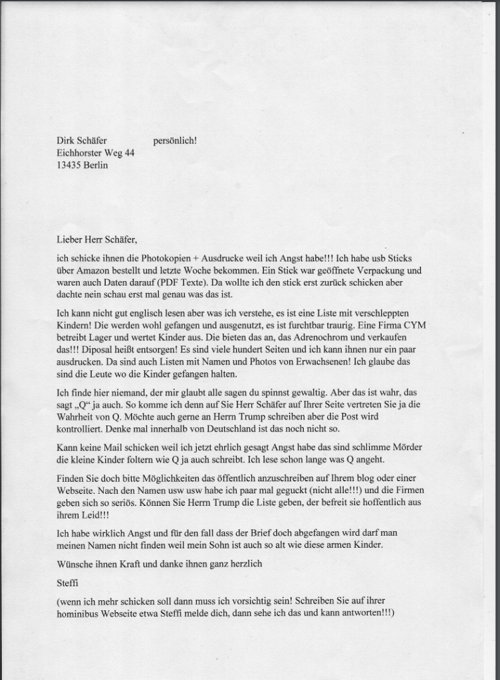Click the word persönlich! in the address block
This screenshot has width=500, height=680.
point(175,141)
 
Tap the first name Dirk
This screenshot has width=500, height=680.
point(66,141)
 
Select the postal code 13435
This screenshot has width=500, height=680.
point(70,166)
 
